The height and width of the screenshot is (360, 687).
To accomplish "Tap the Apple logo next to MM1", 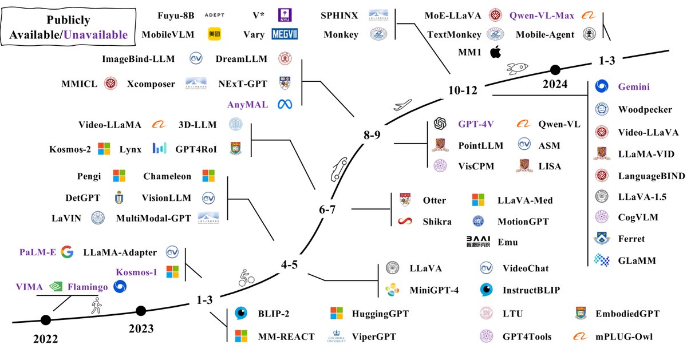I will (496, 53).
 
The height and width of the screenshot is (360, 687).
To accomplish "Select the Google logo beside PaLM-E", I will (67, 252).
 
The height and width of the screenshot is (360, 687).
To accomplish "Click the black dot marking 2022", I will (45, 320).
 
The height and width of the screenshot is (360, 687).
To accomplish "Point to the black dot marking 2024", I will (554, 70).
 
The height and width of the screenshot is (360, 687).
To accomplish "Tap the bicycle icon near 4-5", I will (246, 279).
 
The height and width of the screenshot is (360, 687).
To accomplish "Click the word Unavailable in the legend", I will (96, 35).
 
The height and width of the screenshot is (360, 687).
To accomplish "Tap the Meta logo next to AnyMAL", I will (285, 104).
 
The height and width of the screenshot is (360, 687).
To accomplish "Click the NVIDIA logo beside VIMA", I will (56, 287).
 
